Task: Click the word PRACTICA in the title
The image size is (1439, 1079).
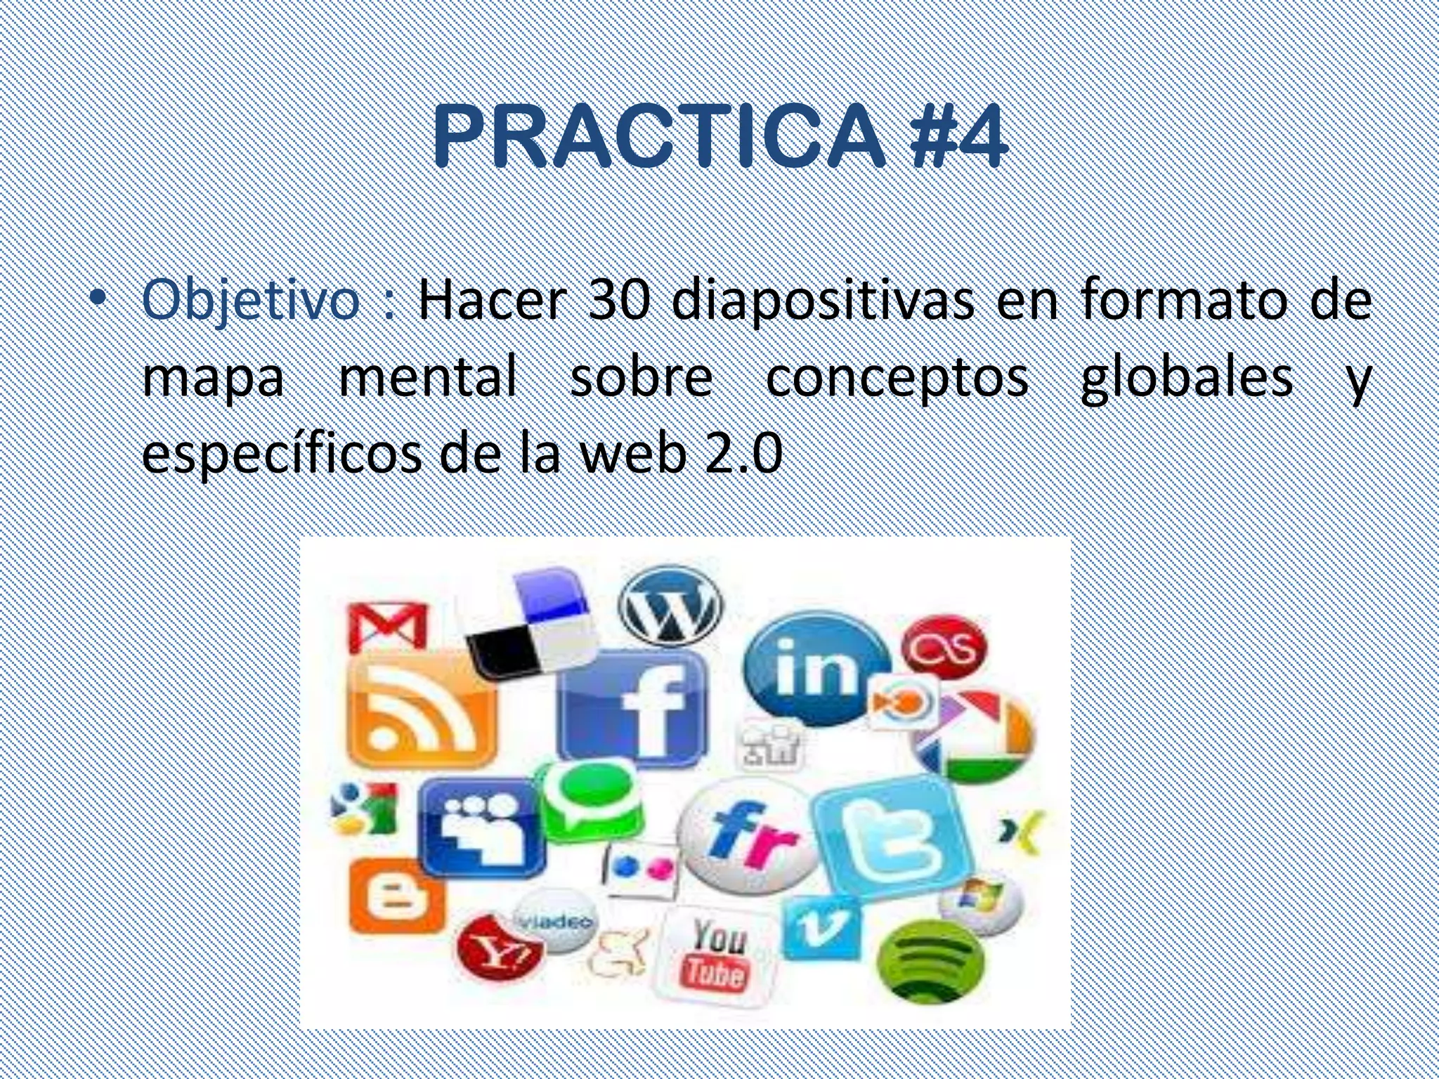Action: (657, 136)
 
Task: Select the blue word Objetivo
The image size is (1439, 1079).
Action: (251, 300)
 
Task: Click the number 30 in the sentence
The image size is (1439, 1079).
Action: (618, 300)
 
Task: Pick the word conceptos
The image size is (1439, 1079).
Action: (897, 378)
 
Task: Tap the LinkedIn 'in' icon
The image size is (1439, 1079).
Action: (816, 667)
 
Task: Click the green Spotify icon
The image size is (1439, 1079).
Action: (932, 958)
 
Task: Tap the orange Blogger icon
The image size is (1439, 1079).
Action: (397, 896)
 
